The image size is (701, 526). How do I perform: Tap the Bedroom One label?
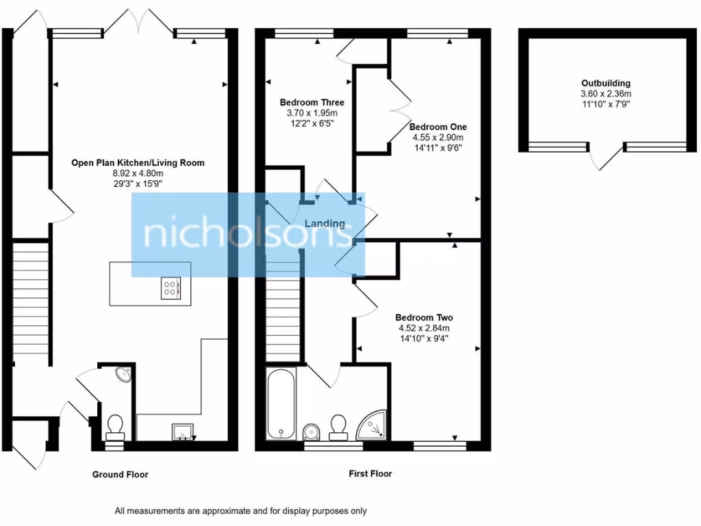coord(437,127)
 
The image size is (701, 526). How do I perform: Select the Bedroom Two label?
coord(424,318)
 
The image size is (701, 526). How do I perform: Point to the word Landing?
coord(324,224)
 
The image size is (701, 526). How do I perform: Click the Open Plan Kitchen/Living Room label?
coord(138,163)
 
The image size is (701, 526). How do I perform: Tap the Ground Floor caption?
coord(120,475)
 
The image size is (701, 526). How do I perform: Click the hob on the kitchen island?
coord(170,288)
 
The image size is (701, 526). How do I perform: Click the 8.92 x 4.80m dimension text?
coord(138,174)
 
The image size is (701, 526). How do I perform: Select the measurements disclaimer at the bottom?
coord(240,511)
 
